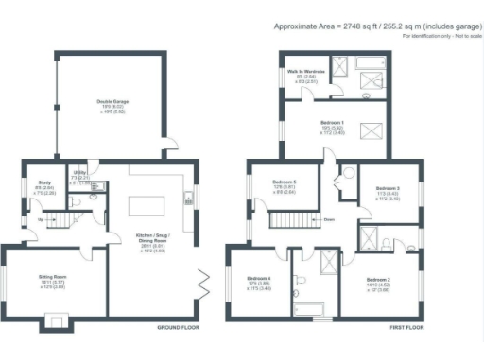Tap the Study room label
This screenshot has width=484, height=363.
(x=43, y=182)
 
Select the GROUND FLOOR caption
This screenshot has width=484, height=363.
(x=177, y=329)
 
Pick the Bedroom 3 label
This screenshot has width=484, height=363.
(x=388, y=189)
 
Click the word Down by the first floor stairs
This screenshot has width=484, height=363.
(x=327, y=220)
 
